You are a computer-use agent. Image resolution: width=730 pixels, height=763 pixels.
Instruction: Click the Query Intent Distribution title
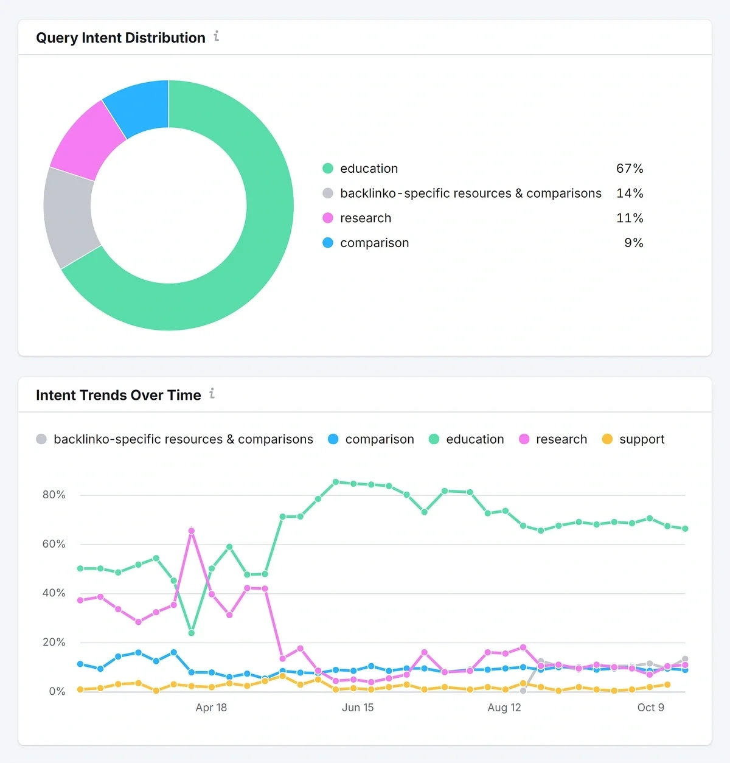click(120, 38)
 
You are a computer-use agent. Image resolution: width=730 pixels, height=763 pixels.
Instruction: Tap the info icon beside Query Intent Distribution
click(217, 37)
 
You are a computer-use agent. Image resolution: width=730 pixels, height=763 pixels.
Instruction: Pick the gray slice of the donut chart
click(69, 217)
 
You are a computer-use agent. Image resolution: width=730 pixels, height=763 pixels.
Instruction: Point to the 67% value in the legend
click(629, 169)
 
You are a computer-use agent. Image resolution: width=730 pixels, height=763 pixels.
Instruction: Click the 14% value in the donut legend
click(629, 193)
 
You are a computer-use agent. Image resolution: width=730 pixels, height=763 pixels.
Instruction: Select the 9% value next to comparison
click(633, 243)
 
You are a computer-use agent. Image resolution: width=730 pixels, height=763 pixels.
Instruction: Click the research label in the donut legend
click(366, 218)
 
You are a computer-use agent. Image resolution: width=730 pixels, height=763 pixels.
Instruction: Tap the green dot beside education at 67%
click(328, 169)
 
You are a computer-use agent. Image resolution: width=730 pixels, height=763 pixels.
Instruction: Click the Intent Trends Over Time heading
click(118, 395)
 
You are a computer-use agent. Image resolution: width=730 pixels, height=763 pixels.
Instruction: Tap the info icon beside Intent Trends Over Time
click(212, 394)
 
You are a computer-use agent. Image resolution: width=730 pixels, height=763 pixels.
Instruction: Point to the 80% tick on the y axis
click(54, 495)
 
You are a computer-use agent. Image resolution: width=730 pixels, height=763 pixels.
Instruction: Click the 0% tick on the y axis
click(57, 691)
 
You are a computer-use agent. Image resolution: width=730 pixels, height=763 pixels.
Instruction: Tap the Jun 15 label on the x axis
click(358, 708)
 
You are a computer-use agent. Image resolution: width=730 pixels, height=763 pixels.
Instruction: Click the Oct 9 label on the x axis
click(650, 708)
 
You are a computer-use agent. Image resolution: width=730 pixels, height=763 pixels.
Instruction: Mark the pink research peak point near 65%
click(192, 531)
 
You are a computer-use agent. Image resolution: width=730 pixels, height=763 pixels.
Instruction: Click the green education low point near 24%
click(192, 633)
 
